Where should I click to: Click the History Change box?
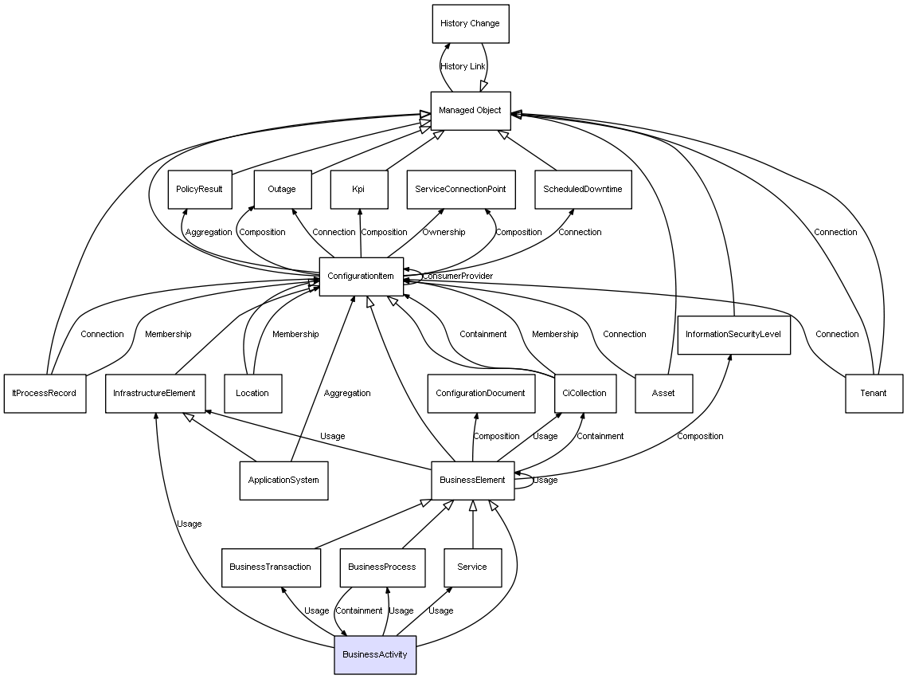[470, 24]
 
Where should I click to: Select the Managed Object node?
[470, 110]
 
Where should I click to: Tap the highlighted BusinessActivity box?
[375, 655]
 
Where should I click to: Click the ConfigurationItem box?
[361, 277]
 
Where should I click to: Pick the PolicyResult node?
[200, 190]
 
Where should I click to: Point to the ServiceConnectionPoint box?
[461, 190]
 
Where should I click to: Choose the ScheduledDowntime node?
[583, 190]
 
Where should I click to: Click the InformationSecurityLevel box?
[733, 335]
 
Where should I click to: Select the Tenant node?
[874, 393]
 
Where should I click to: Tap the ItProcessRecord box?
[45, 393]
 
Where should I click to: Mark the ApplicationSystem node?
[283, 481]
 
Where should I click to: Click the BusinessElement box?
[473, 481]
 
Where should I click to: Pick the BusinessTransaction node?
[270, 567]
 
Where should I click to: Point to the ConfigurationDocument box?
[481, 393]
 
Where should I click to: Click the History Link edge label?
[463, 67]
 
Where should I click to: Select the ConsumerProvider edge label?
[457, 277]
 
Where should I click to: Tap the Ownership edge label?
[444, 233]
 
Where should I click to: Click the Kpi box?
[359, 190]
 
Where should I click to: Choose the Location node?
[252, 393]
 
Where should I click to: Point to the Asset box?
[663, 393]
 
